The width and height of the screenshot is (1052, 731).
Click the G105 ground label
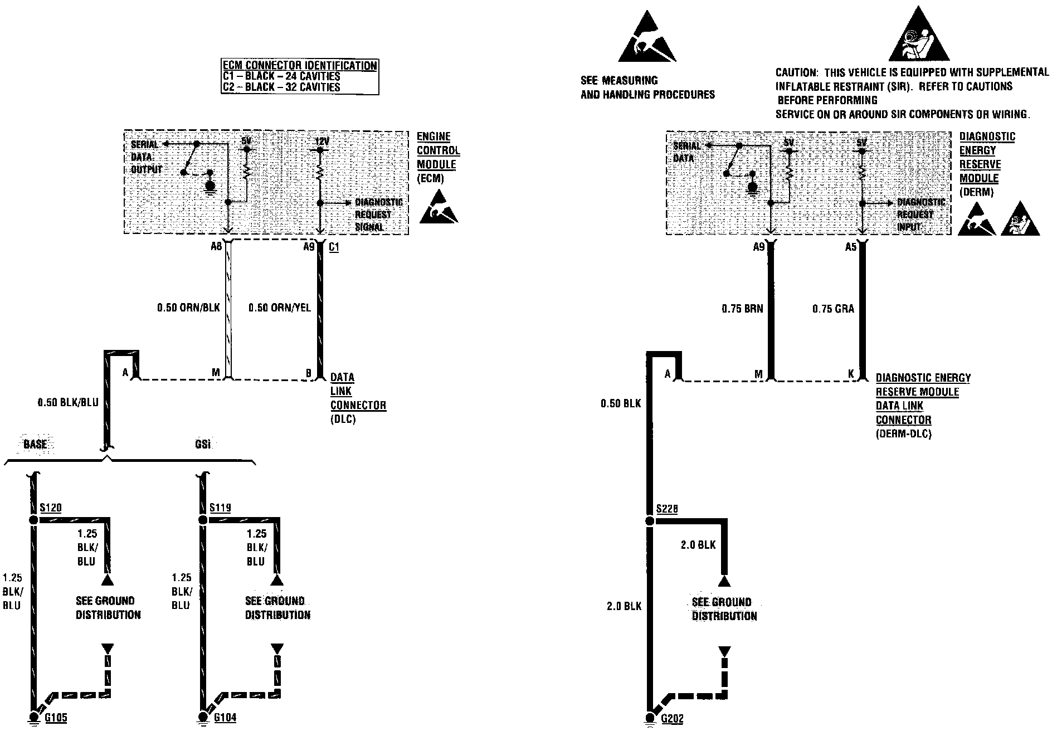click(56, 718)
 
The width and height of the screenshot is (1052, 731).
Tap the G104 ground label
click(225, 718)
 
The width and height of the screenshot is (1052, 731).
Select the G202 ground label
click(672, 719)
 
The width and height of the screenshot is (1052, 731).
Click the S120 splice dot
click(33, 520)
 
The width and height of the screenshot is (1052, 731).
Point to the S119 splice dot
click(202, 520)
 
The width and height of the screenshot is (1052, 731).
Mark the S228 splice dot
click(649, 521)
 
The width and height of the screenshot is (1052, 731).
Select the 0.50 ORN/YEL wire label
click(280, 308)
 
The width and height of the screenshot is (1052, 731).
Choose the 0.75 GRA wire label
click(833, 309)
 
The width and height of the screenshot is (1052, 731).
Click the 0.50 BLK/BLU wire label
click(67, 402)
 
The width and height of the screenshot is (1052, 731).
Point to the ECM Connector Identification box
click(300, 76)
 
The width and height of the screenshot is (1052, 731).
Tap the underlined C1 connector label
click(334, 247)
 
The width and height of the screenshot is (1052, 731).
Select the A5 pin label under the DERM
click(850, 247)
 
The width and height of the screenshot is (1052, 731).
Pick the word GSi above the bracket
click(203, 445)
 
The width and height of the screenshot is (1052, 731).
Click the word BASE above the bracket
click(35, 445)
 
